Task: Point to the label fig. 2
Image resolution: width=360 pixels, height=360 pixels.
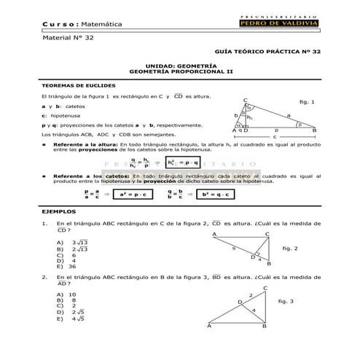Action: coord(290,249)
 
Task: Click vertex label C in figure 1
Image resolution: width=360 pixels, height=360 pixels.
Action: coord(246,100)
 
